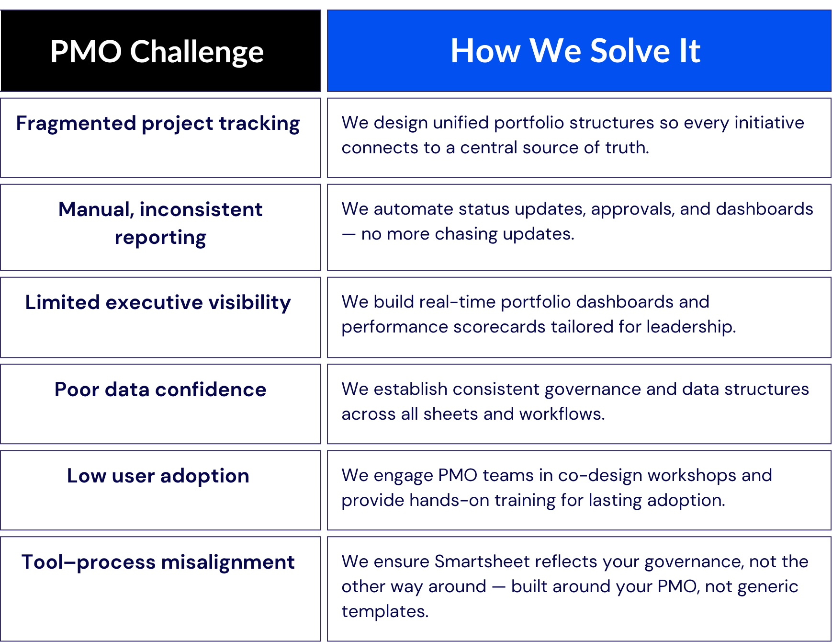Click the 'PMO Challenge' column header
[157, 52]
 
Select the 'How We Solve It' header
[575, 51]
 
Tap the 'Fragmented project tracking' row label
[158, 124]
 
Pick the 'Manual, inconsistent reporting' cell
[160, 223]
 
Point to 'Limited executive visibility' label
[158, 303]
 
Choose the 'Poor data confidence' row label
[160, 390]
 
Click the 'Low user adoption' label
[158, 476]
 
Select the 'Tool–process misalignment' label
[158, 562]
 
